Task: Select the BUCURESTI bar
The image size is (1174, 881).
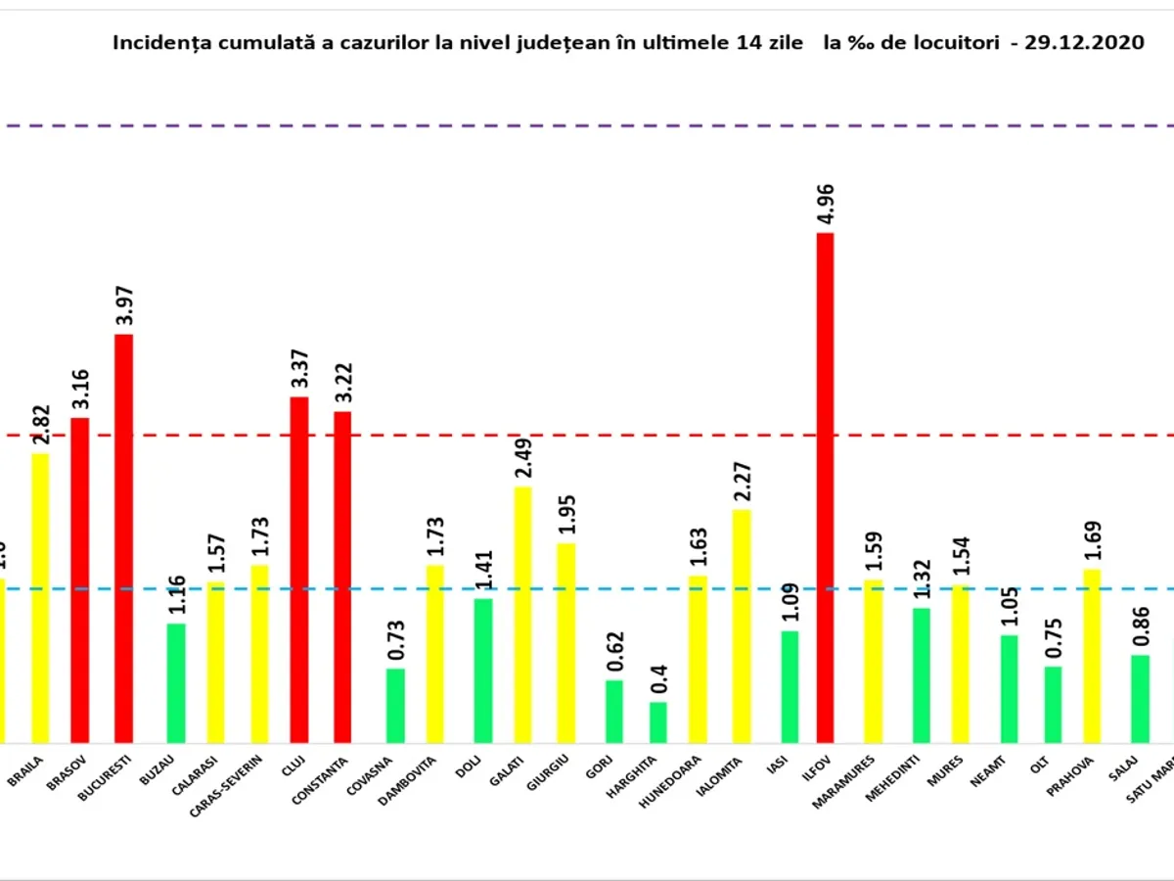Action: (123, 538)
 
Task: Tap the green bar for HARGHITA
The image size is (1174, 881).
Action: (658, 722)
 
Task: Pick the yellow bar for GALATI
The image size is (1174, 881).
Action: (523, 615)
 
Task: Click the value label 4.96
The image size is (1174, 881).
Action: (826, 204)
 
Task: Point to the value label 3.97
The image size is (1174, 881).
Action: (123, 305)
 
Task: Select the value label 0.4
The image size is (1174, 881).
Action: (658, 675)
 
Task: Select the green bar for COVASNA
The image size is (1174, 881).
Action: (395, 706)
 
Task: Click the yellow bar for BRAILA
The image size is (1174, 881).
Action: (40, 598)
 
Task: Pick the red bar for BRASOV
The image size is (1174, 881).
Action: (80, 580)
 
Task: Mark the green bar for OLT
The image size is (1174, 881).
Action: (1053, 705)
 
